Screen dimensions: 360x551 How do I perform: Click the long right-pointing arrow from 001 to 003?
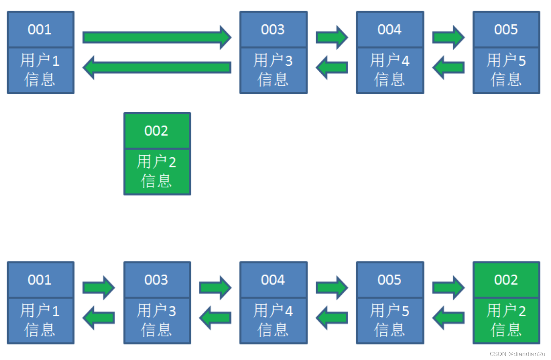pos(157,37)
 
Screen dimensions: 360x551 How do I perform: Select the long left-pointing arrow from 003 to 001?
pos(157,67)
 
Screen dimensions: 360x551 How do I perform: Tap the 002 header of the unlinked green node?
pos(157,131)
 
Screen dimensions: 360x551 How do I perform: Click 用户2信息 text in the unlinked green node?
pos(157,171)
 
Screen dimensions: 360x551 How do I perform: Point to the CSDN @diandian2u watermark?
pos(517,354)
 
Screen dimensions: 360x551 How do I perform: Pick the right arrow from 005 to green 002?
pos(448,288)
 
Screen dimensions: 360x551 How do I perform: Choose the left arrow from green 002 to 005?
pos(448,318)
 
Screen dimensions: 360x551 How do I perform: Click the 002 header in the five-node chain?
pos(506,280)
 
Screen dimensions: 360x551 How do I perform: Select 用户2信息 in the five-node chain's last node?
pos(506,320)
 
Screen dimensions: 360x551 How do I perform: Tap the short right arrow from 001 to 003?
pos(99,288)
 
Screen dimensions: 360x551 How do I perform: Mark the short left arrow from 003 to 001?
pos(99,318)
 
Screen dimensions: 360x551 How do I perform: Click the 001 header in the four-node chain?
pos(40,30)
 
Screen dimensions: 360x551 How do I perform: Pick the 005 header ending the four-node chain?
pos(506,30)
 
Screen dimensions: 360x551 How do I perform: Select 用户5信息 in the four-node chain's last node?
pos(506,70)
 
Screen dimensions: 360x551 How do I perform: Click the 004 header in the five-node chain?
pos(273,280)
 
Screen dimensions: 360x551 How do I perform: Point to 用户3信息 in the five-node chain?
pos(157,320)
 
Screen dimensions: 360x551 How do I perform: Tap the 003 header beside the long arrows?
pos(273,30)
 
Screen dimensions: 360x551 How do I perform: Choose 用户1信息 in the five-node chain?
pos(40,320)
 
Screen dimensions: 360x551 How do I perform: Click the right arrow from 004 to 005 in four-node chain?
pos(448,37)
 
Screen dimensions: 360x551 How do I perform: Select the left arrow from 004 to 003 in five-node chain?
pos(215,318)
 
